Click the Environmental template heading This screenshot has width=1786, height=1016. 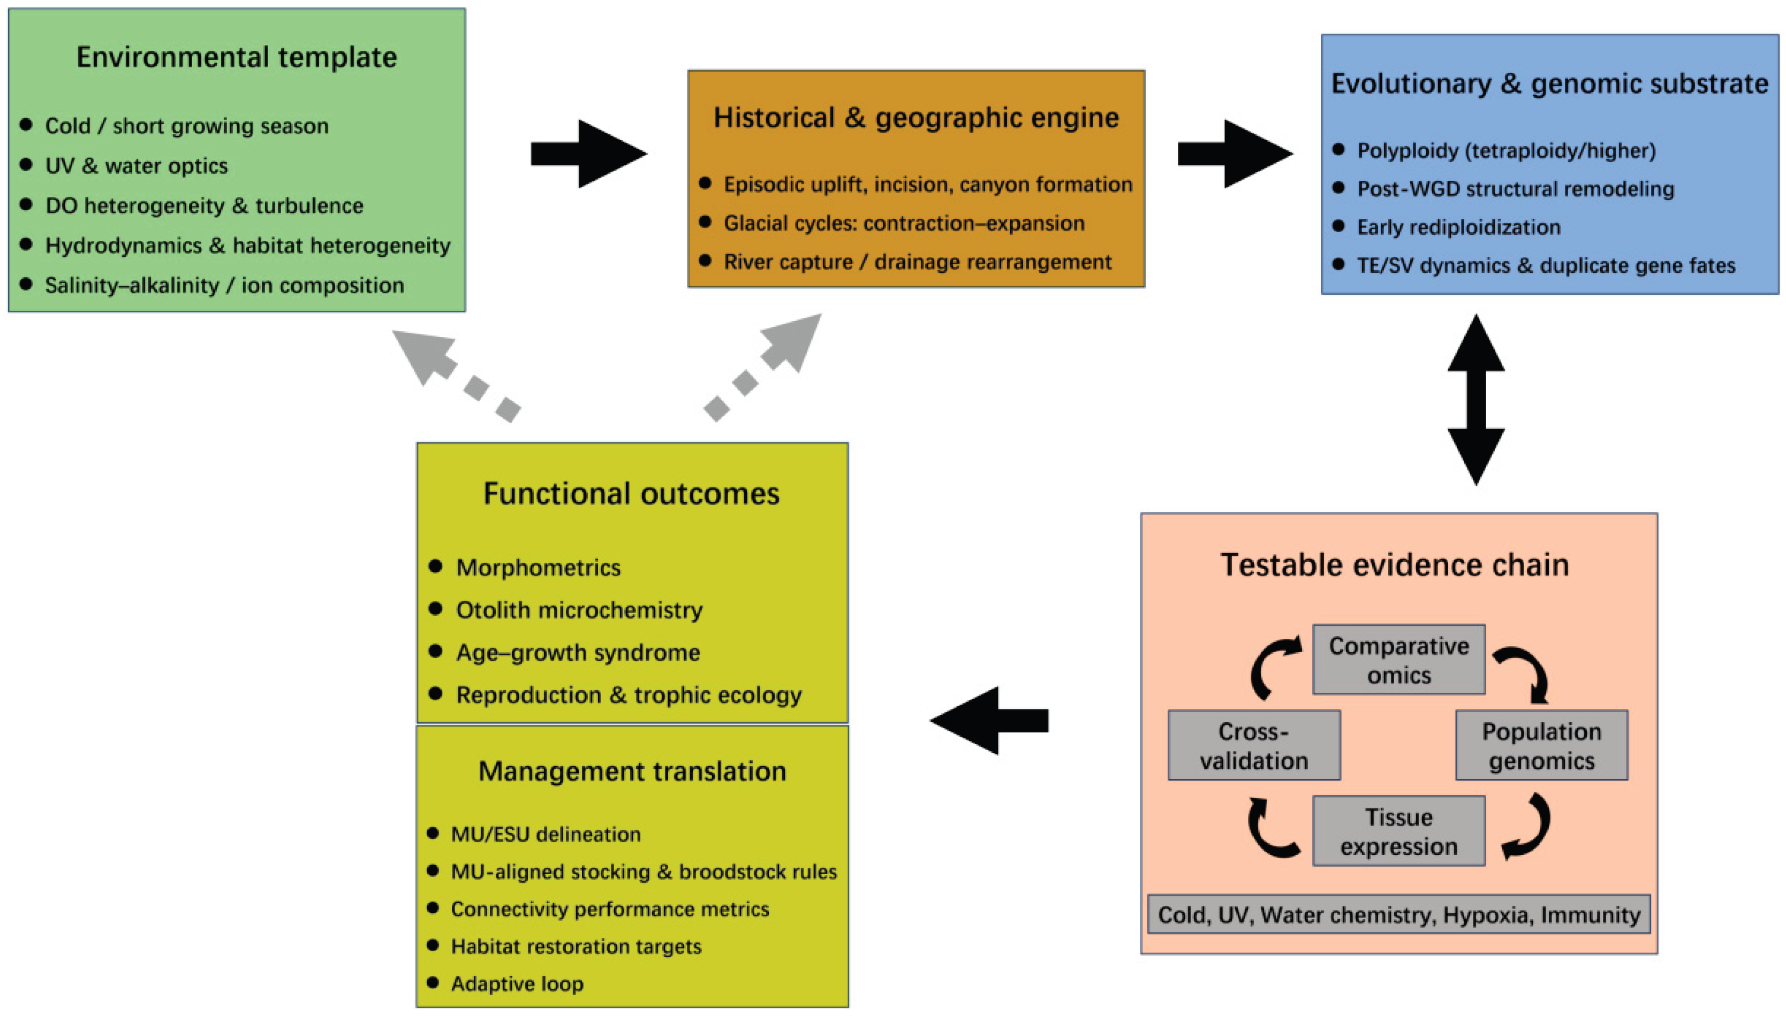point(236,57)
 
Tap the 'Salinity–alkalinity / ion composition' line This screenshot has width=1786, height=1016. point(224,285)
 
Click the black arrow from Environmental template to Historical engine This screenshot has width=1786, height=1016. point(588,154)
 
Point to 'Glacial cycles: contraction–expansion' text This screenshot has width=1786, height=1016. point(904,223)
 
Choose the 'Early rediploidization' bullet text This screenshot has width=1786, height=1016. point(1458,227)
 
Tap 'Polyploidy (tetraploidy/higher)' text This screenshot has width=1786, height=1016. point(1506,151)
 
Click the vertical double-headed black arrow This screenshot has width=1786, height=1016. point(1475,399)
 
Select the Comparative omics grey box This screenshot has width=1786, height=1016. point(1398,660)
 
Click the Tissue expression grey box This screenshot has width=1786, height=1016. point(1398,831)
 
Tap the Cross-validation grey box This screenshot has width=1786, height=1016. point(1253,745)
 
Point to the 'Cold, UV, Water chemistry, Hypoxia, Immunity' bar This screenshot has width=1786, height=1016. point(1398,915)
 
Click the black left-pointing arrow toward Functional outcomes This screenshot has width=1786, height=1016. point(989,721)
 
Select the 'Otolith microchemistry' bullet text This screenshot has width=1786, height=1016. point(579,610)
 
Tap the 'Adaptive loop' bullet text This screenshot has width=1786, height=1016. point(517,984)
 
